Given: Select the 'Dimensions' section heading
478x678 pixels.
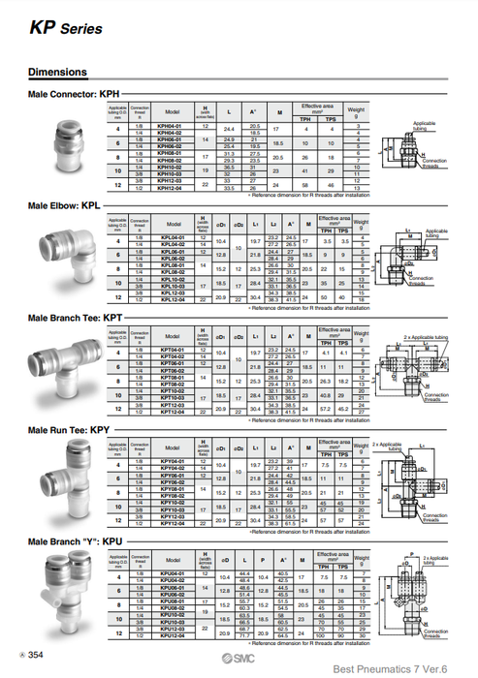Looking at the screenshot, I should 57,72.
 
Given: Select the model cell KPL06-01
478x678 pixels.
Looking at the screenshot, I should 172,252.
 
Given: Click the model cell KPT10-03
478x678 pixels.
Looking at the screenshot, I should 172,397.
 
